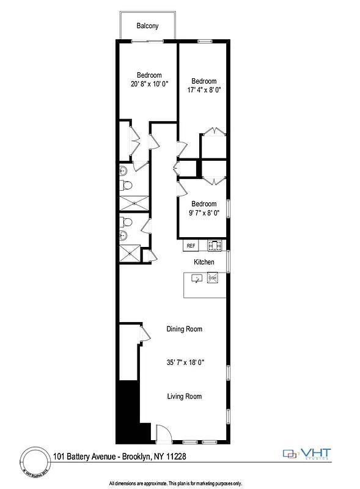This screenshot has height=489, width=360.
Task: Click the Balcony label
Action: click(x=148, y=26)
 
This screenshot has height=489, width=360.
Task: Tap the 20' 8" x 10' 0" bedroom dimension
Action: click(x=149, y=84)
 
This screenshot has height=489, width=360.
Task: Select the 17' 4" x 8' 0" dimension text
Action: click(x=204, y=90)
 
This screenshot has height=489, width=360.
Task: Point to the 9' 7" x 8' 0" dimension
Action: click(x=204, y=213)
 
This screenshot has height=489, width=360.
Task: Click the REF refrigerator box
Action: click(x=191, y=246)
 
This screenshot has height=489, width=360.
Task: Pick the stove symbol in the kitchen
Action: click(x=215, y=246)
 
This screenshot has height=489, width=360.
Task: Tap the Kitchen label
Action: click(x=204, y=262)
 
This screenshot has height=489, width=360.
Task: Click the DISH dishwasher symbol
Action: click(x=213, y=279)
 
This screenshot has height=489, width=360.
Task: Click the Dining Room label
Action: click(x=184, y=329)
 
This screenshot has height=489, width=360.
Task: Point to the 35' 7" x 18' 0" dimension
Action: click(x=184, y=362)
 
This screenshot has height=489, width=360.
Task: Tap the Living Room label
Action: click(x=184, y=397)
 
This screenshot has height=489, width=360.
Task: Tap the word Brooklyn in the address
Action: click(x=136, y=456)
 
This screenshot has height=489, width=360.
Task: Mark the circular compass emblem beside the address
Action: click(x=35, y=461)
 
